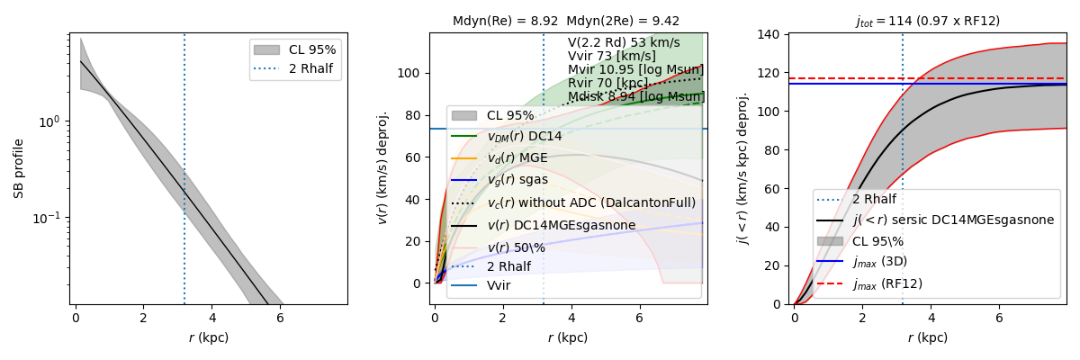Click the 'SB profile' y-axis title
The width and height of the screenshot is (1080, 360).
(x=19, y=168)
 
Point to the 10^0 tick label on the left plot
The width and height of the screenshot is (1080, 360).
(x=50, y=121)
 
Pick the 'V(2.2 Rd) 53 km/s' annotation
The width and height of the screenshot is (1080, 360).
(x=623, y=42)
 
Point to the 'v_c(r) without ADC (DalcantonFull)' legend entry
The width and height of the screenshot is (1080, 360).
(x=591, y=202)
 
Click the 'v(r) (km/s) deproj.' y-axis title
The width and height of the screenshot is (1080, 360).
(x=382, y=168)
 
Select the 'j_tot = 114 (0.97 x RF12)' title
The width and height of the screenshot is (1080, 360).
(x=927, y=21)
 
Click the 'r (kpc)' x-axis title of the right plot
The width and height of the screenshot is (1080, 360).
(x=927, y=337)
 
